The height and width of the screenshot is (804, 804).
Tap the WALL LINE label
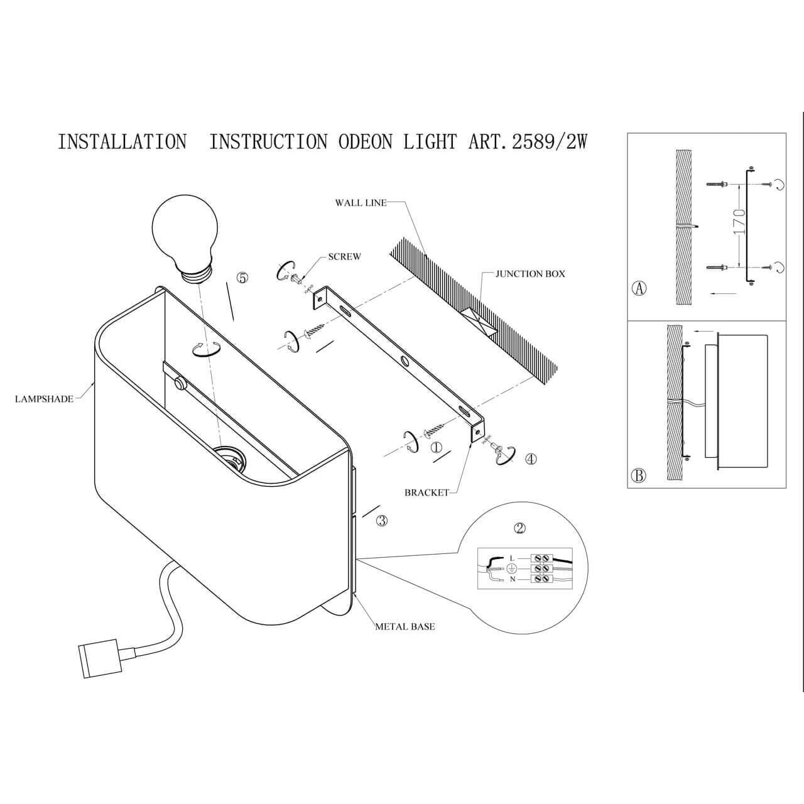pyautogui.click(x=361, y=203)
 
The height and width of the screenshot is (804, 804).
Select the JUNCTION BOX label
pyautogui.click(x=530, y=274)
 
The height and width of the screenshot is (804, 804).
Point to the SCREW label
pyautogui.click(x=344, y=257)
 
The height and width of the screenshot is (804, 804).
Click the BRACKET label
pyautogui.click(x=426, y=492)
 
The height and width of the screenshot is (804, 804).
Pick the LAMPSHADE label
pyautogui.click(x=44, y=399)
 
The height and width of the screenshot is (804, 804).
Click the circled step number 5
pyautogui.click(x=242, y=278)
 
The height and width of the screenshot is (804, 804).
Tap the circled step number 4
pyautogui.click(x=531, y=459)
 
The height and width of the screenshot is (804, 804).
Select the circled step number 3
pyautogui.click(x=382, y=520)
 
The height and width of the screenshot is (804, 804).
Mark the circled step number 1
pyautogui.click(x=437, y=447)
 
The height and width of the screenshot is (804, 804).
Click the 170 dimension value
pyautogui.click(x=739, y=222)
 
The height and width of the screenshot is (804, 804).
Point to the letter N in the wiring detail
pyautogui.click(x=513, y=580)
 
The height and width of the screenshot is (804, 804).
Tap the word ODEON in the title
pyautogui.click(x=366, y=142)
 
